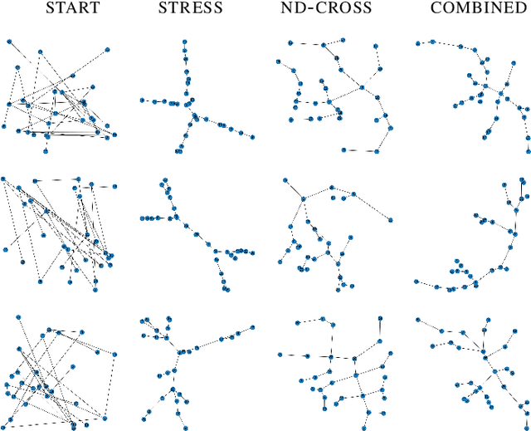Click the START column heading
coord(72,9)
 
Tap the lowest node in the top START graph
coord(47,149)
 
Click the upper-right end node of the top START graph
coord(109,51)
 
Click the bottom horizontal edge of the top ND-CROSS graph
coord(360,150)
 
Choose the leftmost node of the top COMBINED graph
coord(417,42)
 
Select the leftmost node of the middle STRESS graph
coord(144,218)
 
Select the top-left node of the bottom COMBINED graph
coord(417,320)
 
